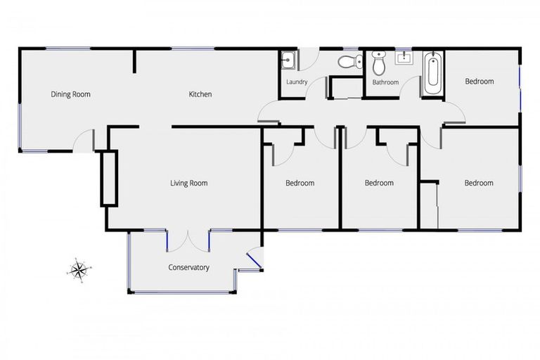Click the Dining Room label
tap(70, 94)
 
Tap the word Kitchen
tap(200, 94)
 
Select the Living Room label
tap(188, 184)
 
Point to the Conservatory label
tap(188, 267)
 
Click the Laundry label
tap(297, 82)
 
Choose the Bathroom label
tap(385, 82)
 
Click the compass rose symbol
tap(79, 269)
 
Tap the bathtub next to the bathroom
tap(432, 73)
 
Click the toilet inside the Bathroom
tap(380, 64)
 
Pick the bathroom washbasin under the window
tap(404, 58)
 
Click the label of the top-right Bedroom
tap(480, 82)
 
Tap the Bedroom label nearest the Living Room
tap(300, 184)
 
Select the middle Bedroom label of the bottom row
tap(379, 184)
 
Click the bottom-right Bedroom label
tap(478, 184)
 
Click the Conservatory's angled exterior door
tap(255, 262)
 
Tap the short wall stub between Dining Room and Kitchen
tap(134, 61)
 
